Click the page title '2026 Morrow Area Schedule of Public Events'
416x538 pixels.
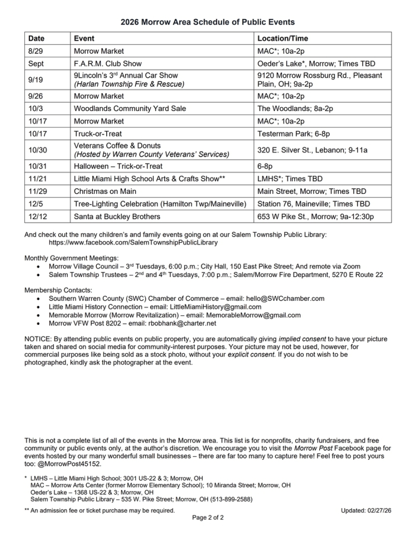pyautogui.click(x=208, y=22)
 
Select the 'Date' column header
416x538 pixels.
pyautogui.click(x=37, y=38)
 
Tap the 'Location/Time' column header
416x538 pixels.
pyautogui.click(x=283, y=38)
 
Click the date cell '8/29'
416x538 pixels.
pyautogui.click(x=35, y=51)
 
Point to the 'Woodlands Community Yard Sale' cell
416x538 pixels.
pyautogui.click(x=130, y=108)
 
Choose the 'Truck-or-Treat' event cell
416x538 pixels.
pyautogui.click(x=98, y=134)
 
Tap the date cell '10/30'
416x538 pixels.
pyautogui.click(x=37, y=150)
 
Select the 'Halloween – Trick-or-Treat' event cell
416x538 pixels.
pyautogui.click(x=118, y=166)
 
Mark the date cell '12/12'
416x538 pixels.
pyautogui.click(x=37, y=216)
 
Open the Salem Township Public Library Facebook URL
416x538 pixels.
pyautogui.click(x=133, y=243)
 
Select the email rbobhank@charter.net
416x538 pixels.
pyautogui.click(x=182, y=323)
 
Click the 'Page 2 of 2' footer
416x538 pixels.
pyautogui.click(x=208, y=518)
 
